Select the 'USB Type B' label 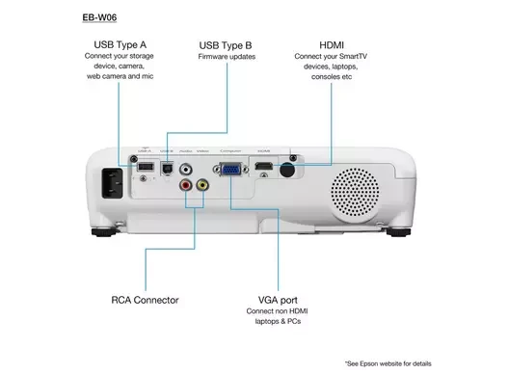(x=226, y=45)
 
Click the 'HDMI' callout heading (x=332, y=45)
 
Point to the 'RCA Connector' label (x=145, y=300)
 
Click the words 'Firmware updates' (x=226, y=58)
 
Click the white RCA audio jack (x=186, y=167)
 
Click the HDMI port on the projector (x=261, y=169)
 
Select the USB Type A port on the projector (x=144, y=168)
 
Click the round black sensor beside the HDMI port (x=285, y=170)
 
